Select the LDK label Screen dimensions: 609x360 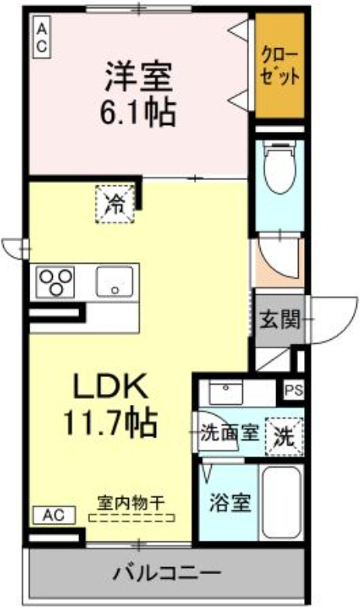coord(109,386)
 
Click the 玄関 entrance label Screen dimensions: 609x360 coord(279,318)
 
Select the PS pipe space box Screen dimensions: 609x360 coord(292,390)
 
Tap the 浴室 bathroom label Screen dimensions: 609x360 coord(229,503)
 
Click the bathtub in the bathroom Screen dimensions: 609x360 coord(281,503)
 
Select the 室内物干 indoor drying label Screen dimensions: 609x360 coord(131,502)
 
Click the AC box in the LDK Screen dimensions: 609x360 coord(52,515)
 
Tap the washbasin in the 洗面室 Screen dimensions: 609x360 coord(226,393)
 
